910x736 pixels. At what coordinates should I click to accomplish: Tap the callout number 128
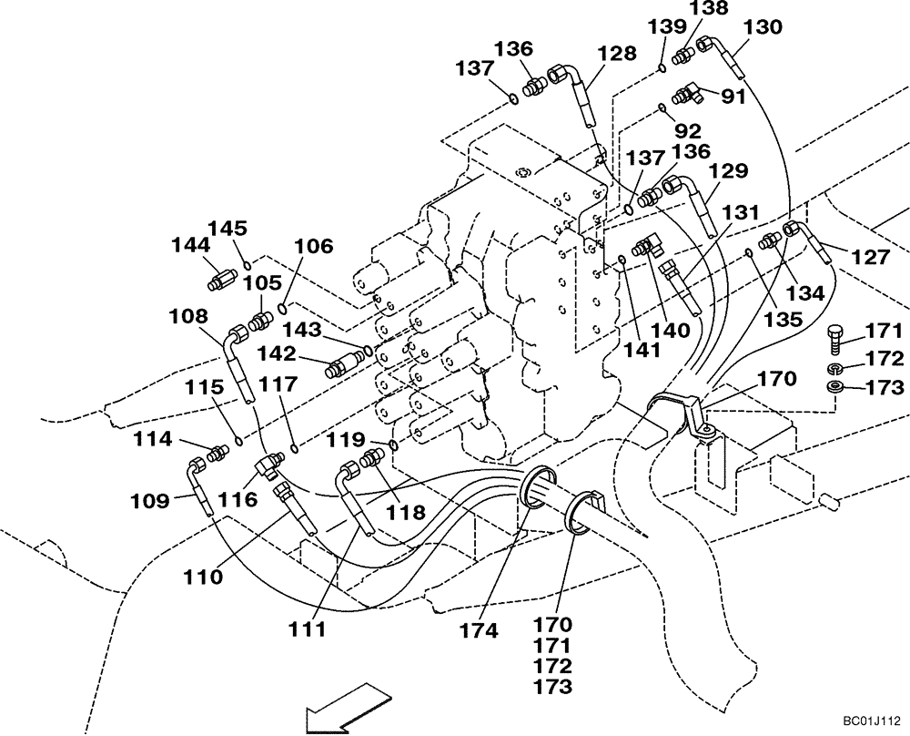(x=617, y=54)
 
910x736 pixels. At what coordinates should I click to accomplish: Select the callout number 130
(x=762, y=27)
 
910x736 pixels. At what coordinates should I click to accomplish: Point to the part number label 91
(x=733, y=96)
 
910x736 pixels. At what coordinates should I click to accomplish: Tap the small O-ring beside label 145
(x=247, y=265)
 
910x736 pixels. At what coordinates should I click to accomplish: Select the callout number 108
(x=187, y=316)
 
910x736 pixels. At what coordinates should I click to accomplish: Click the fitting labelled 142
(x=346, y=367)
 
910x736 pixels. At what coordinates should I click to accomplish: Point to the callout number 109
(x=149, y=499)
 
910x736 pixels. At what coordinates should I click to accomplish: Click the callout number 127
(x=870, y=258)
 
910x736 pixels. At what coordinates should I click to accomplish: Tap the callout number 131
(x=741, y=211)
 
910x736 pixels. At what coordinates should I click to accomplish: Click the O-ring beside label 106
(x=285, y=306)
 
